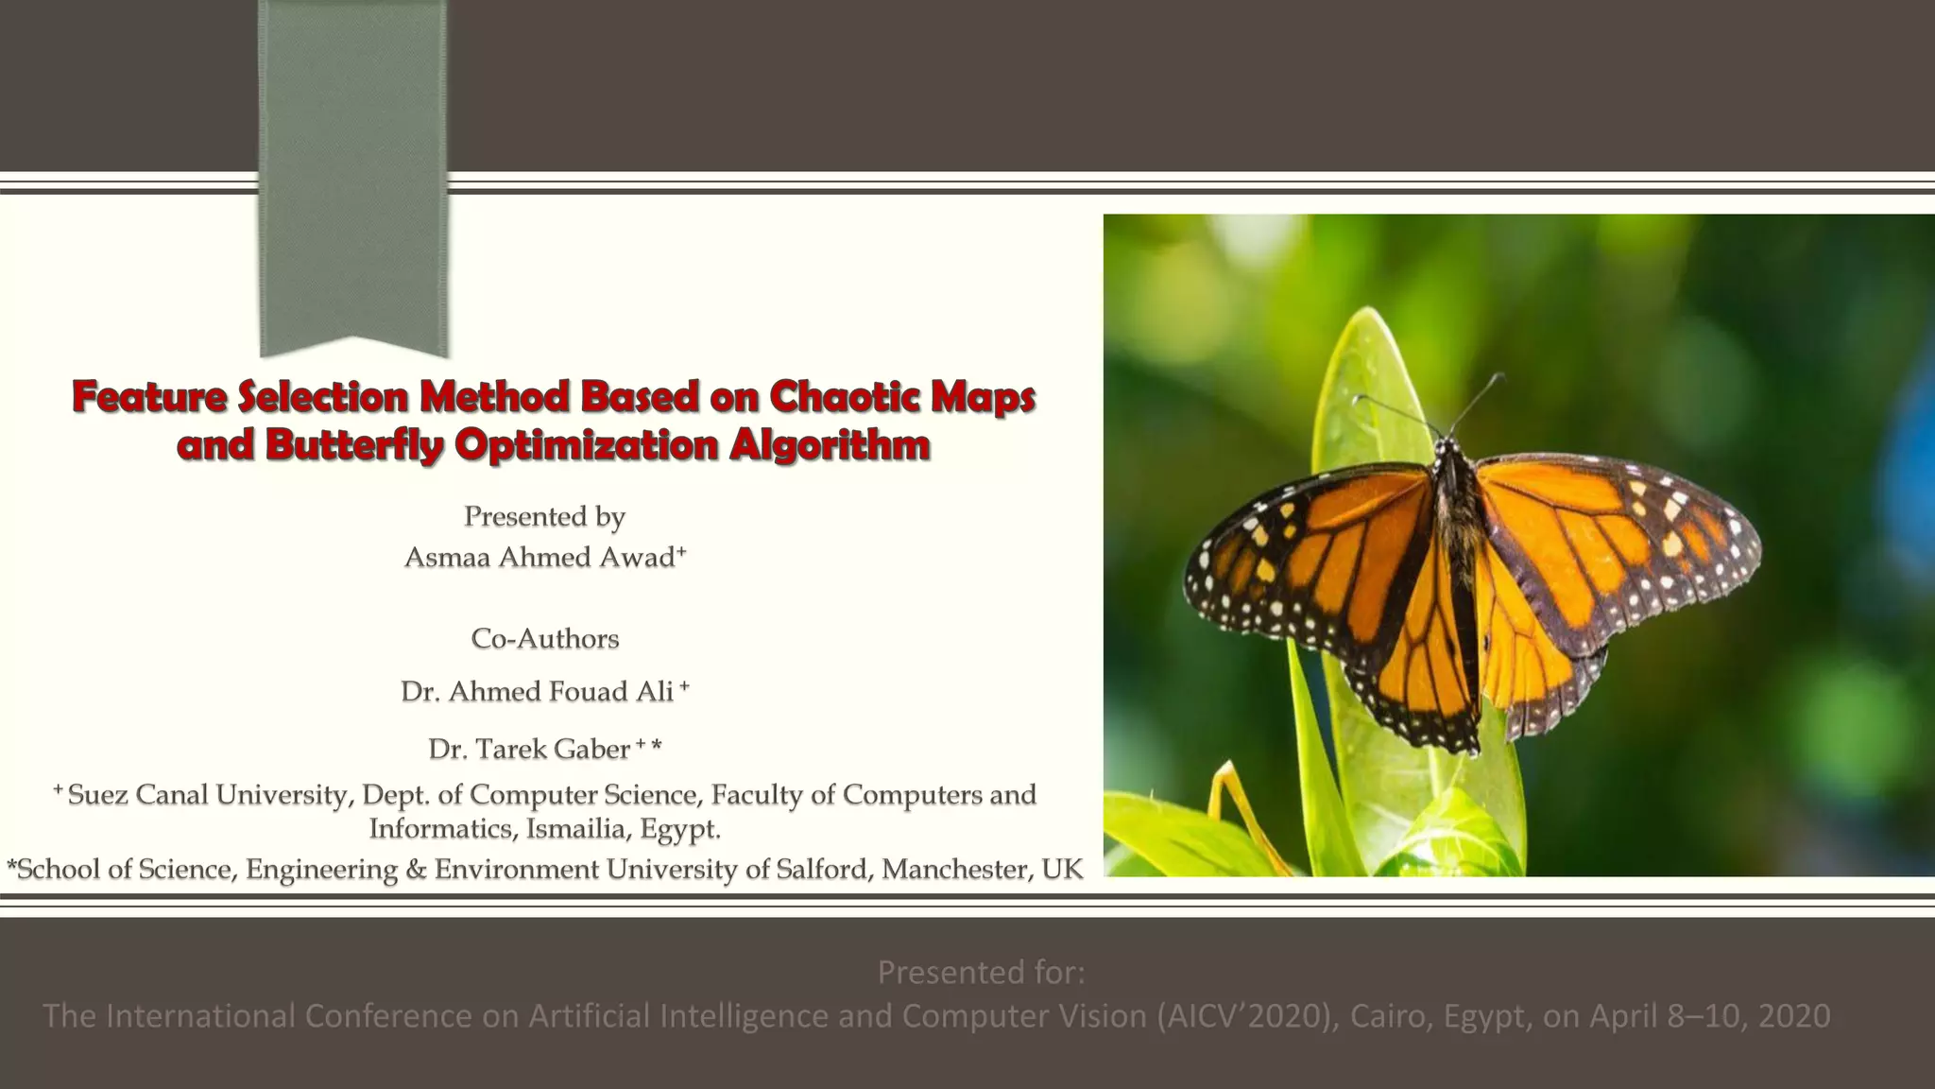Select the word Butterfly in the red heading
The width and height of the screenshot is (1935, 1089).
354,445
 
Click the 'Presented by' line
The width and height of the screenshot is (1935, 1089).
544,517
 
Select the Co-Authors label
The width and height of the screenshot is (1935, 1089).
544,639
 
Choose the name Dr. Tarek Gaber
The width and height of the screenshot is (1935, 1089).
528,750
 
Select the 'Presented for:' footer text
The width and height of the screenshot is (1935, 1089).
981,972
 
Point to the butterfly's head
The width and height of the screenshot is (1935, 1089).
1445,445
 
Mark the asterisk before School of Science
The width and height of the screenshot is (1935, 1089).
11,866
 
